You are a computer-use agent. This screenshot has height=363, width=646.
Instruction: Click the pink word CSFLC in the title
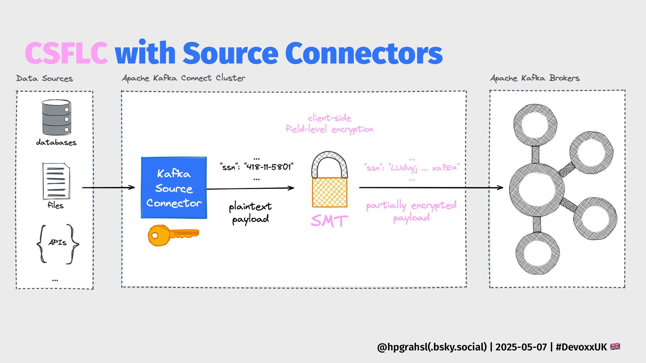[66, 53]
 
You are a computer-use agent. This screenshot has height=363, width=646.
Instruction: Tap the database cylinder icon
[57, 117]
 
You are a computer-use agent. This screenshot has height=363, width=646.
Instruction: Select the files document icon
[56, 181]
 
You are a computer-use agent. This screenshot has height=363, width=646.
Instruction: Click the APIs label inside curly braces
[58, 243]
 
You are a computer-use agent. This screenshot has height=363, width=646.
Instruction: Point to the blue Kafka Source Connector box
[174, 188]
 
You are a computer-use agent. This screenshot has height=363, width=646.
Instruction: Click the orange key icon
[173, 235]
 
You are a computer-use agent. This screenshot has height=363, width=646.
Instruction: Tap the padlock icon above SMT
[329, 180]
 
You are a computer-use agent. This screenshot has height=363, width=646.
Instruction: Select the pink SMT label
[329, 221]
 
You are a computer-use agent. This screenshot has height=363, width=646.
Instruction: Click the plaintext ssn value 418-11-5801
[269, 167]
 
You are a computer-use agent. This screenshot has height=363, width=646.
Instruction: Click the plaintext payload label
[250, 212]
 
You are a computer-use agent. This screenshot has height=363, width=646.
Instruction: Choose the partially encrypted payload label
[411, 211]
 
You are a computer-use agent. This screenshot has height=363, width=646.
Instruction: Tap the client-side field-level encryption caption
[329, 123]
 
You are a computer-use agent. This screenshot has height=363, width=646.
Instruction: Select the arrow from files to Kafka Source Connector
[108, 187]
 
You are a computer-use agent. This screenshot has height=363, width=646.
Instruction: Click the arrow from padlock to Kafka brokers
[431, 188]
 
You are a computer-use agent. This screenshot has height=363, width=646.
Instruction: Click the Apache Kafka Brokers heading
[535, 78]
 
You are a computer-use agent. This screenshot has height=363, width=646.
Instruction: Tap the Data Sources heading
[44, 79]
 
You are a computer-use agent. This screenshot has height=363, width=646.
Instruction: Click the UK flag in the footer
[615, 347]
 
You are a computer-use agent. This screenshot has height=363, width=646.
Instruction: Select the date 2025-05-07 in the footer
[521, 347]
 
